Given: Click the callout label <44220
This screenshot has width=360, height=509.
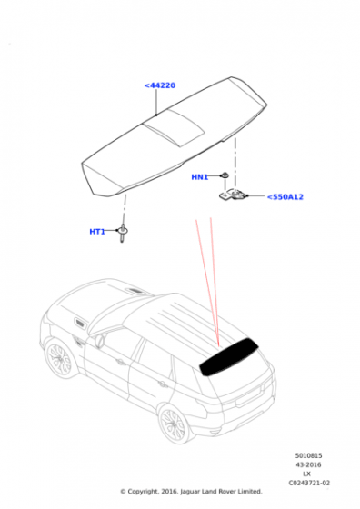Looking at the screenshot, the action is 160,85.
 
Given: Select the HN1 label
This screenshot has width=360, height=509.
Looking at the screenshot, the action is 200,177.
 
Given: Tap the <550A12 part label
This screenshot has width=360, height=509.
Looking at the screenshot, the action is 285,196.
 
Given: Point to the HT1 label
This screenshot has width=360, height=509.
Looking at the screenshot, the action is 97,232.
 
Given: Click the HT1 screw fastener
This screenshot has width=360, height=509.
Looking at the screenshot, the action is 123,233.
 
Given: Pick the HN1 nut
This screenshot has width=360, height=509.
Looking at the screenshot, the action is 224,175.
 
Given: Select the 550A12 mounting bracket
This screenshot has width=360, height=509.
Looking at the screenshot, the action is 233,195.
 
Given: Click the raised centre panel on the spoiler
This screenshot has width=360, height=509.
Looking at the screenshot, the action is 174,127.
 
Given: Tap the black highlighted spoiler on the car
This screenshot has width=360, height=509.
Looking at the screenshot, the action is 228,356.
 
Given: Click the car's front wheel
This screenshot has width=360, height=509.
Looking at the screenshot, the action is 59,359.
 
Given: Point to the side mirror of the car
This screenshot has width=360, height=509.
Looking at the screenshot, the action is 100,341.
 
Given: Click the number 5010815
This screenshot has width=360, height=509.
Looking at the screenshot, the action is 308,455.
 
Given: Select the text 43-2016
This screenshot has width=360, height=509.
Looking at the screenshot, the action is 308,464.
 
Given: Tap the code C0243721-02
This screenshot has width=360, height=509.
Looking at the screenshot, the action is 309,483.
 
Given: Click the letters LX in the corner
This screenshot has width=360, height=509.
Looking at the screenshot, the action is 306,474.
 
